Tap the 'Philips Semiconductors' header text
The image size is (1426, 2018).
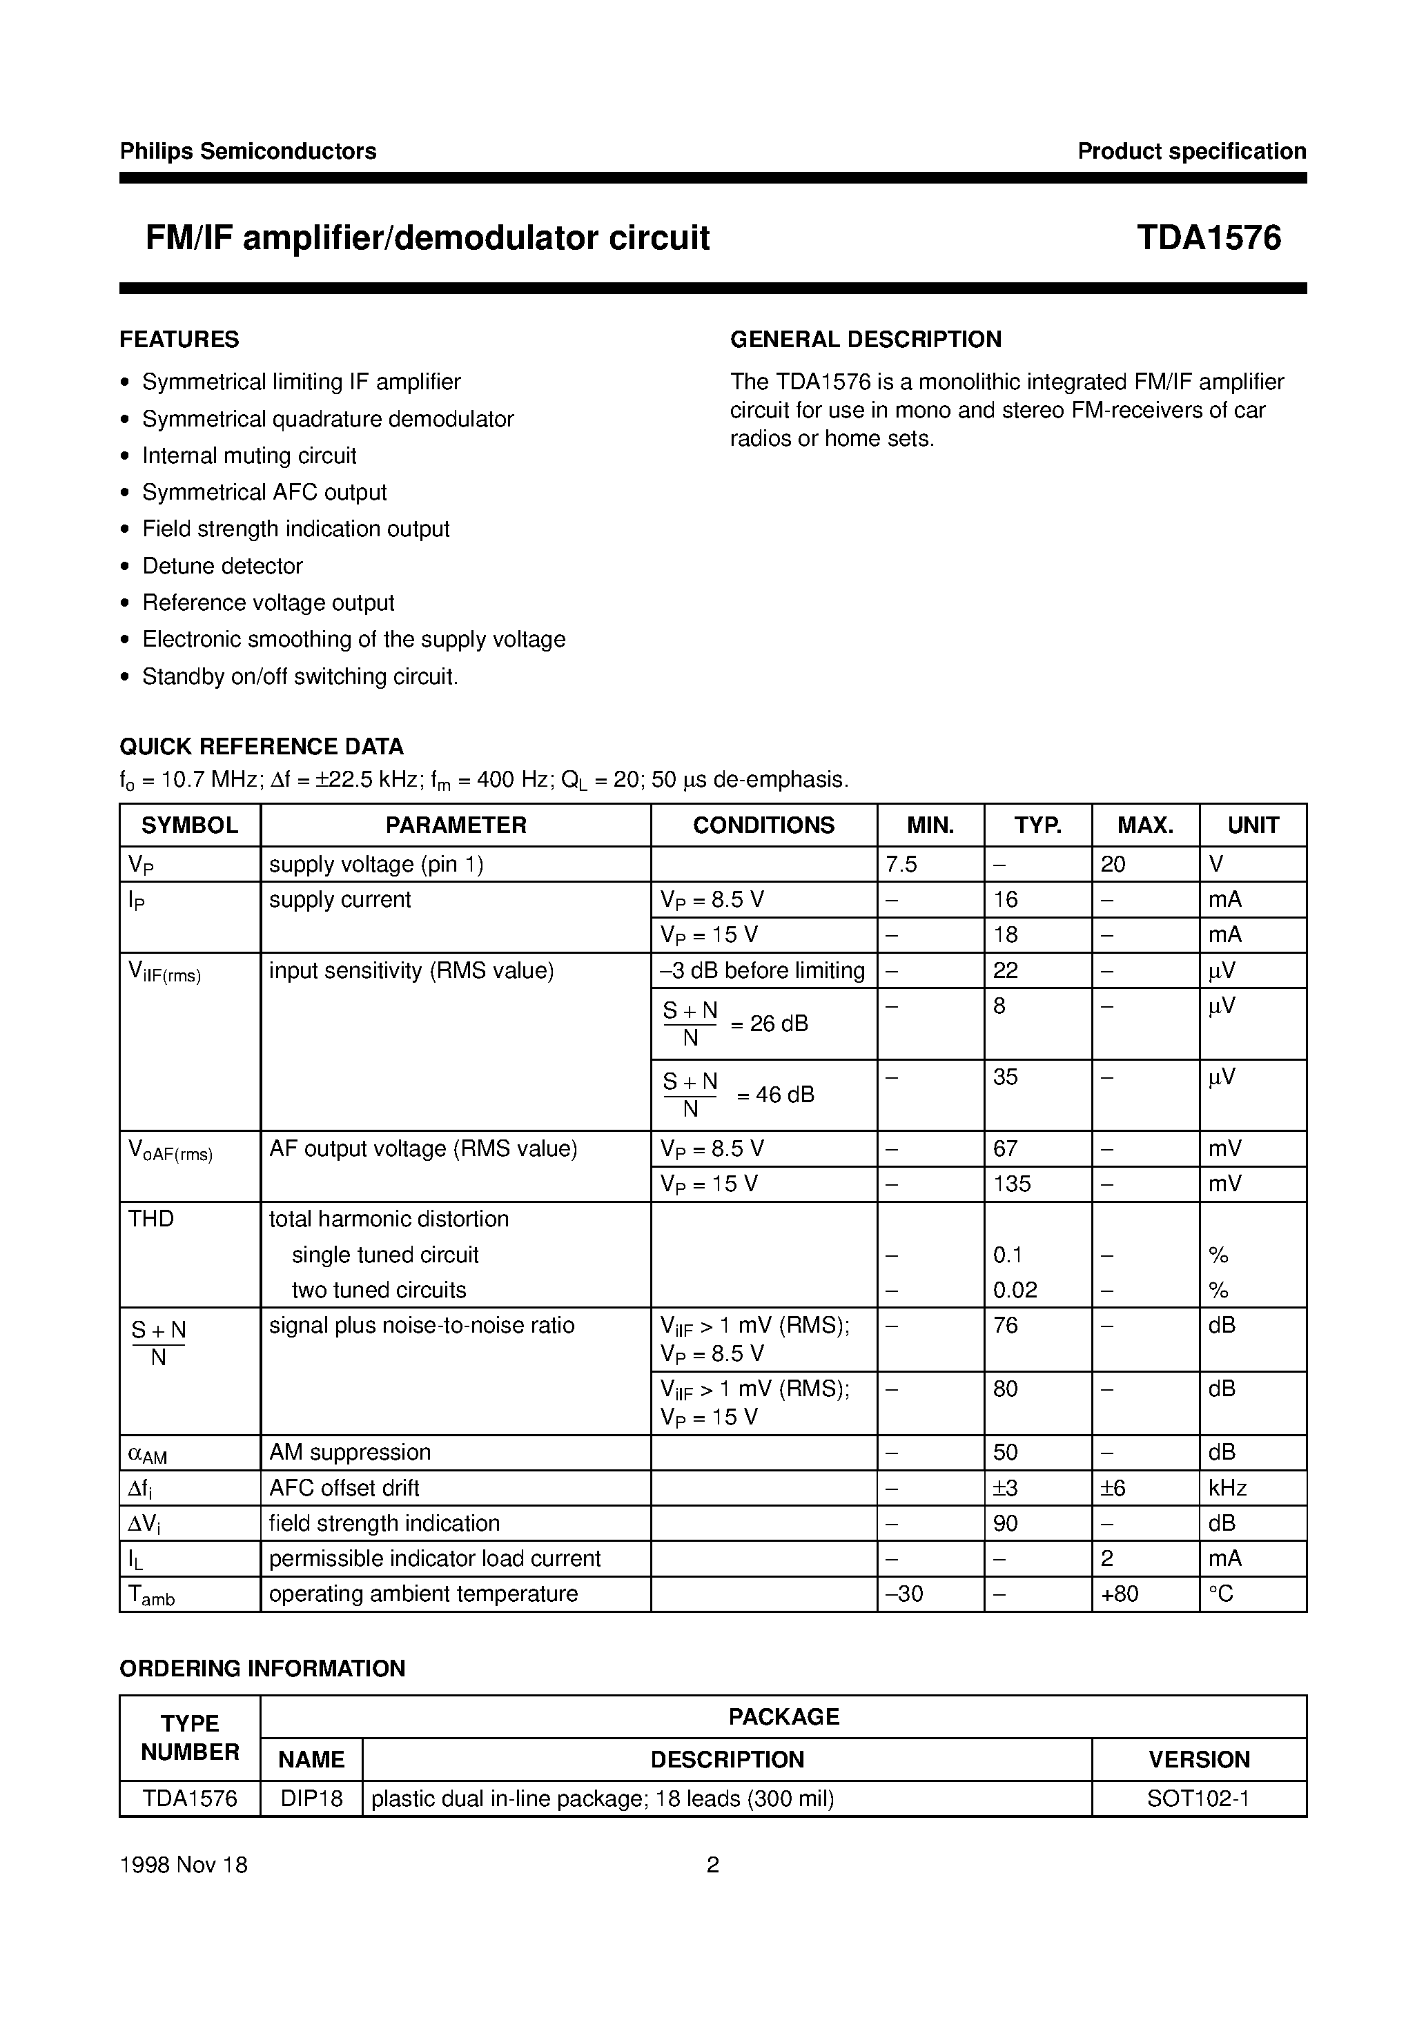coord(248,151)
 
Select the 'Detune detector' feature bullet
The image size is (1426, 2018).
coord(222,566)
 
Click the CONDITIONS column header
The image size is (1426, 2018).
coord(763,825)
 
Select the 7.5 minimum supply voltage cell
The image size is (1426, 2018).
coord(901,864)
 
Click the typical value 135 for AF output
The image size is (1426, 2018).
coord(1012,1184)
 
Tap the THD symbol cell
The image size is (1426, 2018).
coord(151,1219)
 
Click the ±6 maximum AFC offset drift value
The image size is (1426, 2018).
coord(1113,1488)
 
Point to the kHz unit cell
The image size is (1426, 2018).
coord(1227,1488)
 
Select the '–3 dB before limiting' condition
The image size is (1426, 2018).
coord(762,970)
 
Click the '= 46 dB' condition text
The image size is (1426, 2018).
coord(774,1095)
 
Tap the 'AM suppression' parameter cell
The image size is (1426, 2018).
coord(350,1452)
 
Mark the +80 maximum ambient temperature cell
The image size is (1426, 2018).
coord(1119,1594)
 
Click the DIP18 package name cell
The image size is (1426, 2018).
coord(311,1799)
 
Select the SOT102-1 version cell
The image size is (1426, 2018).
coord(1198,1799)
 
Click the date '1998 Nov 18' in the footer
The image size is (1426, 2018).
coord(184,1864)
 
